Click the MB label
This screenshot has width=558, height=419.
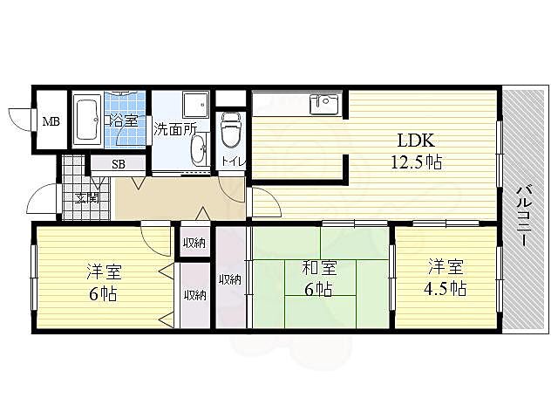click(x=51, y=121)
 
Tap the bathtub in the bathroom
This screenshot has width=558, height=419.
click(x=87, y=120)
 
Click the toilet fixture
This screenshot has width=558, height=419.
click(x=231, y=129)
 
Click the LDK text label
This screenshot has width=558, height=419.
click(x=416, y=141)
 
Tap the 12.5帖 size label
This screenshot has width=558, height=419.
click(x=417, y=162)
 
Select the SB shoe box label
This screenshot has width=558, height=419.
click(x=119, y=164)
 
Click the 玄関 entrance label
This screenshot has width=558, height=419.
click(x=87, y=198)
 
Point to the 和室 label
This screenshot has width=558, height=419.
click(x=319, y=268)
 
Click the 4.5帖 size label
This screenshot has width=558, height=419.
click(x=445, y=289)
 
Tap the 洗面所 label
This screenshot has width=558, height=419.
click(x=174, y=128)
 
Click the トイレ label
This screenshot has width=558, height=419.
click(x=234, y=161)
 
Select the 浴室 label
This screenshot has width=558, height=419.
click(x=122, y=120)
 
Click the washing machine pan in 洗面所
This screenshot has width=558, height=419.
click(x=196, y=105)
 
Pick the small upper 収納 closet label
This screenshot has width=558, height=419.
click(x=194, y=244)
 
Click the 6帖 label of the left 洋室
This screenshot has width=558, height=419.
click(x=104, y=294)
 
